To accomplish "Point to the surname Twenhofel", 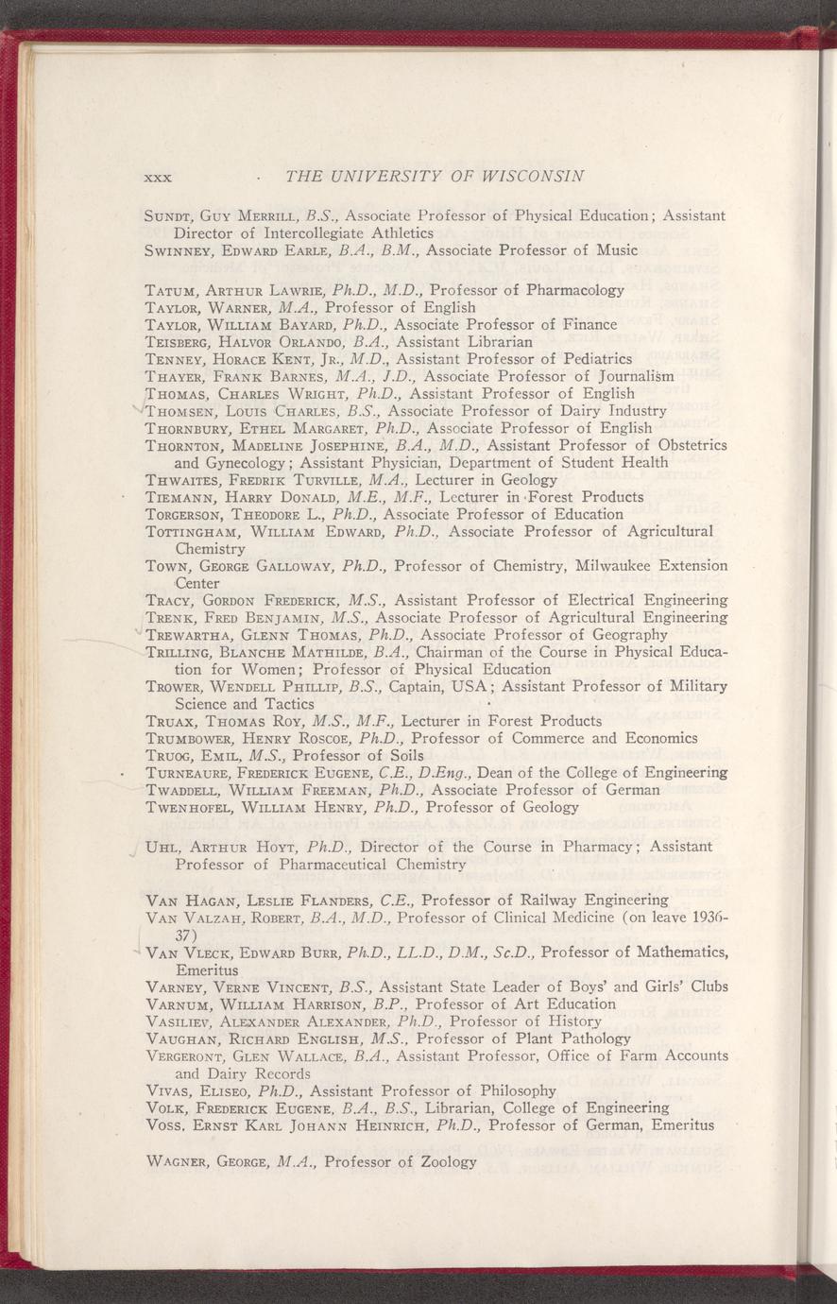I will coord(194,808).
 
